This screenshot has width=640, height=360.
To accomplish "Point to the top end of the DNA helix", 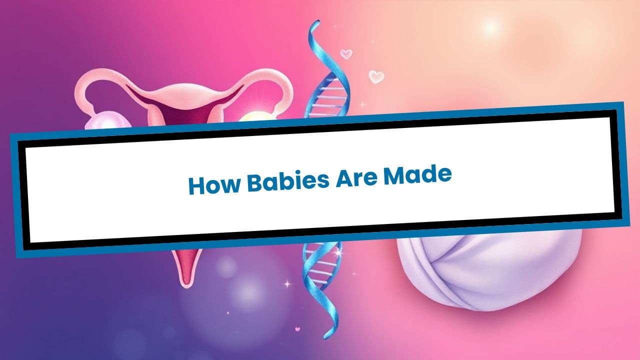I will pyautogui.click(x=315, y=25).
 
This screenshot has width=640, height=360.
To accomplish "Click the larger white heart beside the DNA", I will pyautogui.click(x=376, y=76).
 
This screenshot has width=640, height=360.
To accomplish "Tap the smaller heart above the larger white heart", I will pyautogui.click(x=346, y=53).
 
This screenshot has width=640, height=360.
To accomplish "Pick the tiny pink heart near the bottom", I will pyautogui.click(x=297, y=329).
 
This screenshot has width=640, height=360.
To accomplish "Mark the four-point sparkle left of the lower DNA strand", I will pyautogui.click(x=287, y=283).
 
